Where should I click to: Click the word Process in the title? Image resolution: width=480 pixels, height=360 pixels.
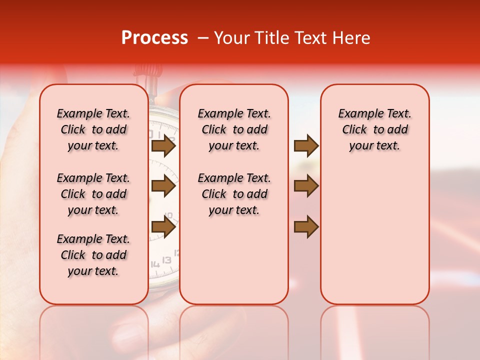click(154, 38)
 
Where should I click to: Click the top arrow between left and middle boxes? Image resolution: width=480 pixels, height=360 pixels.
click(163, 145)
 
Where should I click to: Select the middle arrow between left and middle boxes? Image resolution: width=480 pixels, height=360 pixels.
click(163, 186)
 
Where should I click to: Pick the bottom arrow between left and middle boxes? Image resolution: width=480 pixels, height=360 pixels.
click(163, 227)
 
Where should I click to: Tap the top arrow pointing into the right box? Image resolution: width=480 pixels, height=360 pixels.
click(306, 145)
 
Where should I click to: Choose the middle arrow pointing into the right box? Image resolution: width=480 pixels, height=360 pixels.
click(306, 186)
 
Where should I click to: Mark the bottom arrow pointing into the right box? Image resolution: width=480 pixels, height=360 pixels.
click(306, 227)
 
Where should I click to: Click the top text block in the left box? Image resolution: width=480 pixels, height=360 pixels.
click(93, 129)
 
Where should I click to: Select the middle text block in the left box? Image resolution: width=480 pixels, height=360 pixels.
click(93, 194)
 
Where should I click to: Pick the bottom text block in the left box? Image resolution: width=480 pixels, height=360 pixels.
click(93, 255)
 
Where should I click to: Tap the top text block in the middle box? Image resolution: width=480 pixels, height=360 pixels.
click(234, 129)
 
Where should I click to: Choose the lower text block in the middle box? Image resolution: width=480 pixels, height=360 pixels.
click(234, 194)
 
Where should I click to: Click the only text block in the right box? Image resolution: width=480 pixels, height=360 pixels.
click(374, 129)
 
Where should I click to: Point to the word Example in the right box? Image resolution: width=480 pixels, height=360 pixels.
click(357, 114)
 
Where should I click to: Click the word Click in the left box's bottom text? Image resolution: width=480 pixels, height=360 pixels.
click(73, 255)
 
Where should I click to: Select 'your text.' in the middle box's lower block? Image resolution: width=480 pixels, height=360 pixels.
click(234, 210)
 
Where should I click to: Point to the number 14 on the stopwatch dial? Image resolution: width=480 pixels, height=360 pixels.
click(155, 264)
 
